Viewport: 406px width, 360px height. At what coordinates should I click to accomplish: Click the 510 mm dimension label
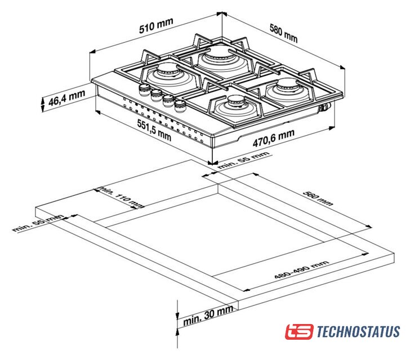(x=156, y=26)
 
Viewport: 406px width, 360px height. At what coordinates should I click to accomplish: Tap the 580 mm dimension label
(x=284, y=33)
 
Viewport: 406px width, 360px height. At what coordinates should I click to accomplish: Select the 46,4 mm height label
(x=66, y=98)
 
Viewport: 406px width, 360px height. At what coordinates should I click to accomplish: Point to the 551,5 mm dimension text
(x=154, y=130)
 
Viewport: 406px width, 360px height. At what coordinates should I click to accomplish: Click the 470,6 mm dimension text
(x=274, y=138)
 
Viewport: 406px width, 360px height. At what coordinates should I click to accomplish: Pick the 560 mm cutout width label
(x=318, y=199)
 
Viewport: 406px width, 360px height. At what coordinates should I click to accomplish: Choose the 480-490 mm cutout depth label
(x=301, y=270)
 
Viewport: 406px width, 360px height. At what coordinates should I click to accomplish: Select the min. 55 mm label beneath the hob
(x=243, y=160)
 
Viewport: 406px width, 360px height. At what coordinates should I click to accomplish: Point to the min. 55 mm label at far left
(x=38, y=223)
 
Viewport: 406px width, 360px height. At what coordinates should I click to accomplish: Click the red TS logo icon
(x=300, y=331)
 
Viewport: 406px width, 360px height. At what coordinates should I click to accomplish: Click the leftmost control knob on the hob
(x=144, y=89)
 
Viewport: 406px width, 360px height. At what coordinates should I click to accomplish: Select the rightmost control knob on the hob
(x=180, y=106)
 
